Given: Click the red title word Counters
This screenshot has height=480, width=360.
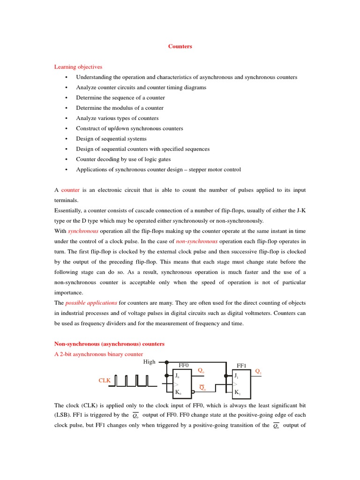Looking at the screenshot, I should tap(180, 46).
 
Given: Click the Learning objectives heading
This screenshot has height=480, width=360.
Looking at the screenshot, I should tap(78, 67).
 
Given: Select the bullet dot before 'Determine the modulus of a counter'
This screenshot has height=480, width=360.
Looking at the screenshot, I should tap(67, 108).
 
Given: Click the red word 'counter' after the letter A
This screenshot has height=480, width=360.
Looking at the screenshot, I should tap(70, 190).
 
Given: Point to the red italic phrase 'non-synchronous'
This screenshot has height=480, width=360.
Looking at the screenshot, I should tap(196, 242).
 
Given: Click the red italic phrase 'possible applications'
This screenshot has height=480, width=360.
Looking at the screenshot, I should tap(91, 303).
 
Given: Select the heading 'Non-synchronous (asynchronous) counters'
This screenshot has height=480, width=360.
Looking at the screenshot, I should tap(109, 344).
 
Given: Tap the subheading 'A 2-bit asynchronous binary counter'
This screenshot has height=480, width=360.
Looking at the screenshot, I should tap(98, 354).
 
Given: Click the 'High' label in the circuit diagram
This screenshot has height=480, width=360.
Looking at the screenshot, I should tap(149, 362).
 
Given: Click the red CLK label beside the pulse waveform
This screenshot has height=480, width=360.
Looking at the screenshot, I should tap(104, 381).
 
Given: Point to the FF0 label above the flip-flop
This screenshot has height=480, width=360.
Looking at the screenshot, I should tap(183, 365).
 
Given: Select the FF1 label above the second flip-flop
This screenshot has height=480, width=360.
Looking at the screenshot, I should tap(241, 365).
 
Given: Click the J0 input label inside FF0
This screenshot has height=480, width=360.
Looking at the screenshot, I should tap(177, 375).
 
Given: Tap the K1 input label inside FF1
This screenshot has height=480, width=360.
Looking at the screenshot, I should tap(237, 392).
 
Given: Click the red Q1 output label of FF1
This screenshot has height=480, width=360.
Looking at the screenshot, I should tap(258, 372).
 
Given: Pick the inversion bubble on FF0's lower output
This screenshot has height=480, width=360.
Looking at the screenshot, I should tap(193, 392).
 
